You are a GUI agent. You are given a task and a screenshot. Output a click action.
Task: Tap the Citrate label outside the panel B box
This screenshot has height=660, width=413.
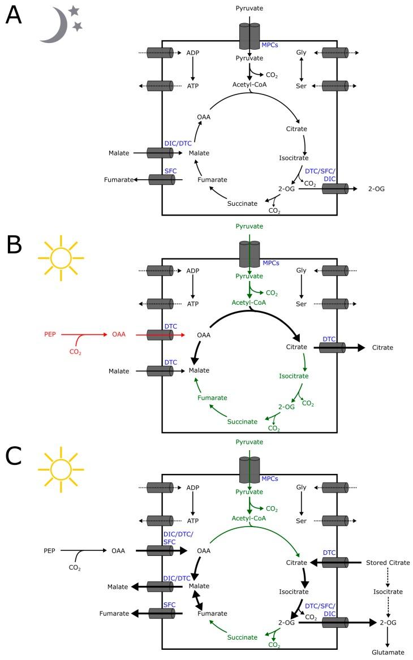pyautogui.click(x=382, y=347)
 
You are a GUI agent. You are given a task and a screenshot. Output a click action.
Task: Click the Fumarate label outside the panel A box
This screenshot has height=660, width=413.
pyautogui.click(x=118, y=180)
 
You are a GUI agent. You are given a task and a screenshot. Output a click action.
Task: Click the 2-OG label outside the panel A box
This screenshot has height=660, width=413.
pyautogui.click(x=376, y=188)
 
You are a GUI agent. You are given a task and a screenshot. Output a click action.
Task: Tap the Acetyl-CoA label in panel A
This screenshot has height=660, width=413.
pyautogui.click(x=249, y=84)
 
